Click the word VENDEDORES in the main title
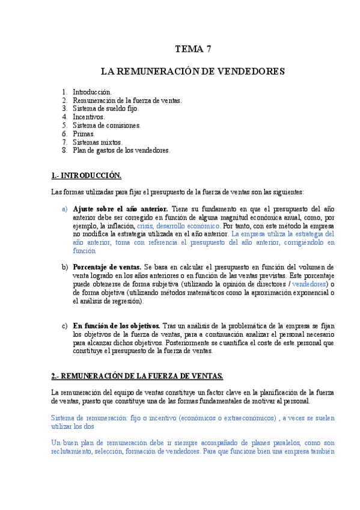pos(251,72)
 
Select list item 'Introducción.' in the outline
pos(92,91)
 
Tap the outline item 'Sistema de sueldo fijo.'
pos(106,108)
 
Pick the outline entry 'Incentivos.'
pos(89,117)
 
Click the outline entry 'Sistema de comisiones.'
pos(106,125)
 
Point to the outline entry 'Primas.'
pos(84,134)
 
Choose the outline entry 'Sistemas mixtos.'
pos(97,142)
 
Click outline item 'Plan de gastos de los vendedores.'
pos(121,150)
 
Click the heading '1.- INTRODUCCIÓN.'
pos(87,176)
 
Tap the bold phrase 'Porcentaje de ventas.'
pos(106,266)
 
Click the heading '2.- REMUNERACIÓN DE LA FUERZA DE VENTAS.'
pos(137,376)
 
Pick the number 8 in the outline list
pos(64,150)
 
